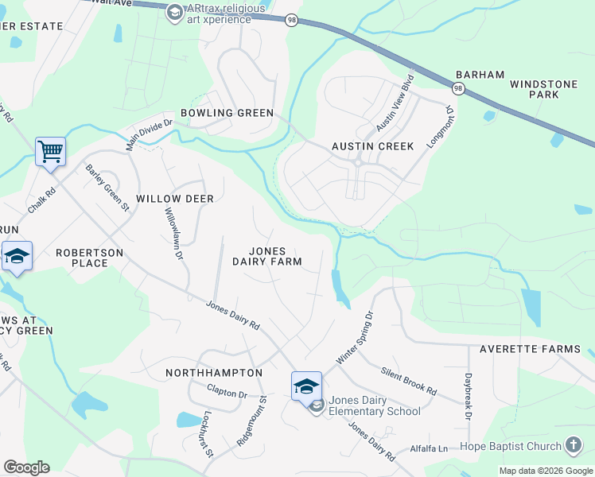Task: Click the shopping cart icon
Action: (50, 149)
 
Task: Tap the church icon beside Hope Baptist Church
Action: (573, 445)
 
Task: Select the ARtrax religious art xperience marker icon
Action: (174, 13)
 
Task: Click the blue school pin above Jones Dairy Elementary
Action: (306, 386)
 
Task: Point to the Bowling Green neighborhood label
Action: (227, 113)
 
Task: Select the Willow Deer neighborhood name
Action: (175, 198)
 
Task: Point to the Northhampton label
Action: (214, 372)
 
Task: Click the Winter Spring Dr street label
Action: (354, 338)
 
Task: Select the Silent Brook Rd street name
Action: (409, 381)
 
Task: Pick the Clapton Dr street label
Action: (227, 392)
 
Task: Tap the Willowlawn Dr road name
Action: (173, 235)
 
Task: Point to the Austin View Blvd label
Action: (395, 103)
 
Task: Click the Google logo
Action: (26, 467)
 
